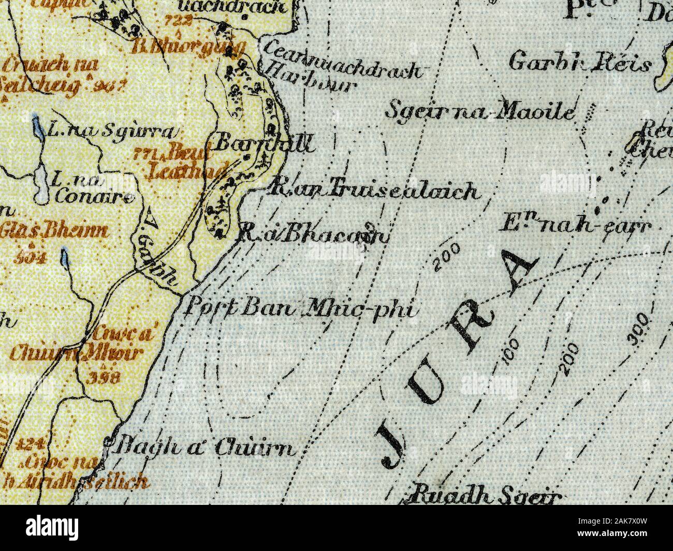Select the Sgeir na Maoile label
[x=481, y=111]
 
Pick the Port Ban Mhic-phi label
[x=301, y=310]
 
